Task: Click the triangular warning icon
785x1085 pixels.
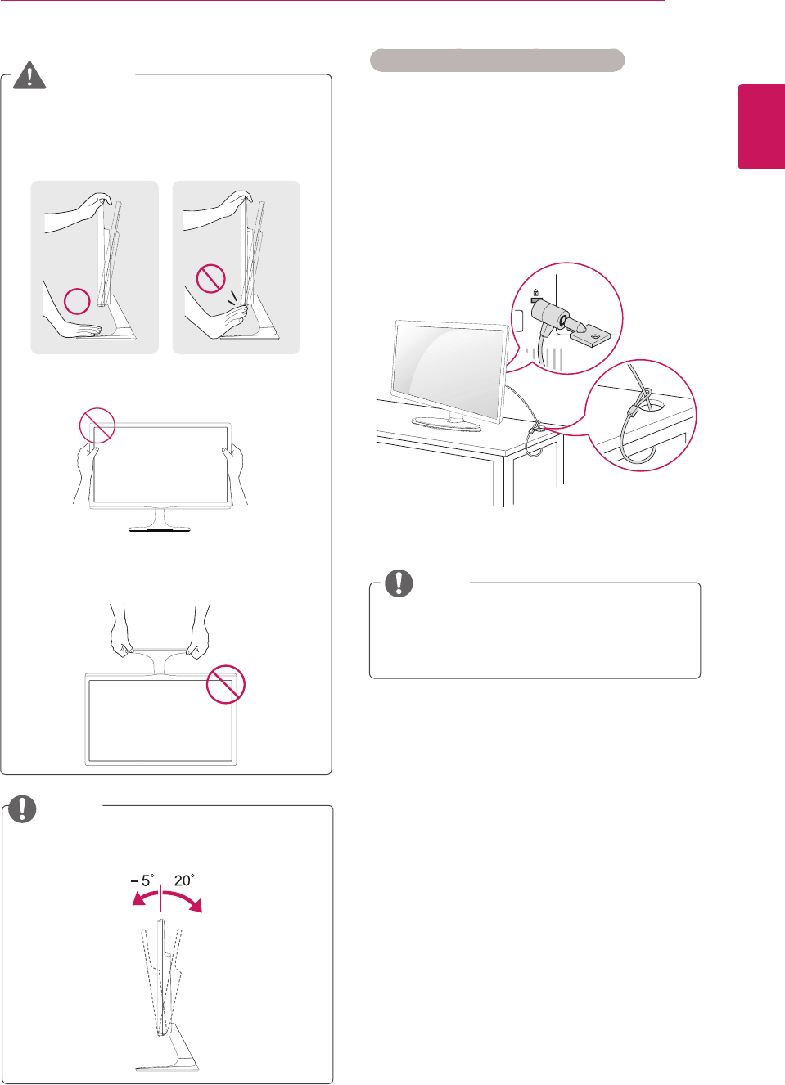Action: click(29, 75)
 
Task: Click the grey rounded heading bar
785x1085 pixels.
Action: click(497, 60)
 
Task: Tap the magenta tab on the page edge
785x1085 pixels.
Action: click(761, 127)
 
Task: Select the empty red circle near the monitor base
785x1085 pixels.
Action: click(77, 301)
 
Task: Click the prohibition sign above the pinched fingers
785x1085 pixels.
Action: click(211, 278)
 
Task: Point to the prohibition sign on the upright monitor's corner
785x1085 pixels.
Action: click(97, 425)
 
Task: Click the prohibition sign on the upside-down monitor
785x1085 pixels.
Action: click(226, 684)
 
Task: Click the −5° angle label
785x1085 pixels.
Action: click(142, 880)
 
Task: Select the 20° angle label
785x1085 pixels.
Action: click(184, 880)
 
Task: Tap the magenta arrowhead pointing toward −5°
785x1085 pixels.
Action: click(138, 899)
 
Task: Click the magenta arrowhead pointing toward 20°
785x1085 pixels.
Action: click(196, 905)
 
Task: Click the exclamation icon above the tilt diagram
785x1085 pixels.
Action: click(22, 808)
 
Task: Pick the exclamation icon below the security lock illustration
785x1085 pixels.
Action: click(399, 583)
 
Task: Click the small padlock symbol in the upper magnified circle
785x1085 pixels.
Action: click(535, 293)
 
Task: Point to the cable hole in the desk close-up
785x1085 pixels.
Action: click(652, 405)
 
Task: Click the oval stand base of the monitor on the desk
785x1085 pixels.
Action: click(446, 423)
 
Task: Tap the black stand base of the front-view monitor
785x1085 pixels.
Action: click(160, 530)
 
